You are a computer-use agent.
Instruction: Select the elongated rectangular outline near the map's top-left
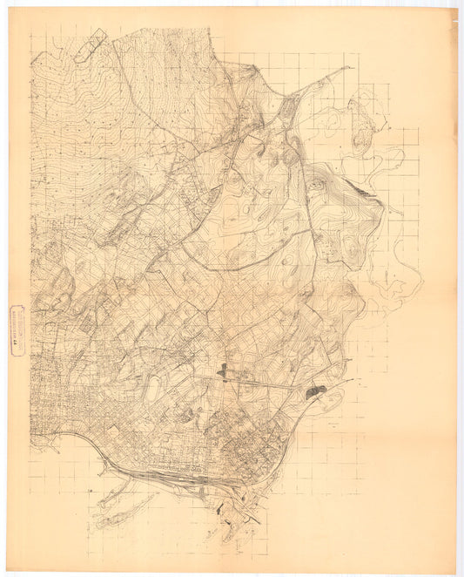point(91,44)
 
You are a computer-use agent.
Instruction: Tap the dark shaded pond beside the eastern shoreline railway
point(316,392)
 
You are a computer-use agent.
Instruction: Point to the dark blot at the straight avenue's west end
point(223,374)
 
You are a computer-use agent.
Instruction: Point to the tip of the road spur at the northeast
point(350,67)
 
